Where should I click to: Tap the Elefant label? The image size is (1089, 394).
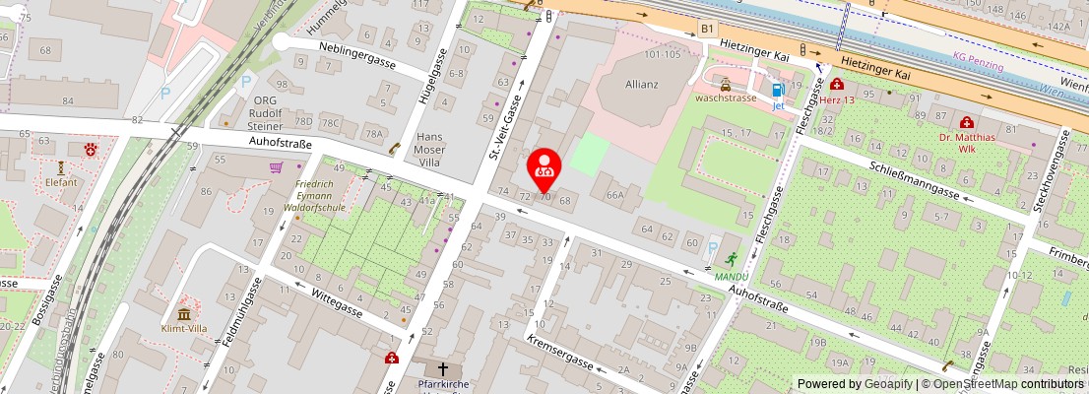pos(61,182)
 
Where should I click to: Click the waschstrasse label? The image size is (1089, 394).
pos(725,99)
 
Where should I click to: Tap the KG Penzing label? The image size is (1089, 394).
pos(979,65)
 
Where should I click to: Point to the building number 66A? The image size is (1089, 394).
pos(615,195)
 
